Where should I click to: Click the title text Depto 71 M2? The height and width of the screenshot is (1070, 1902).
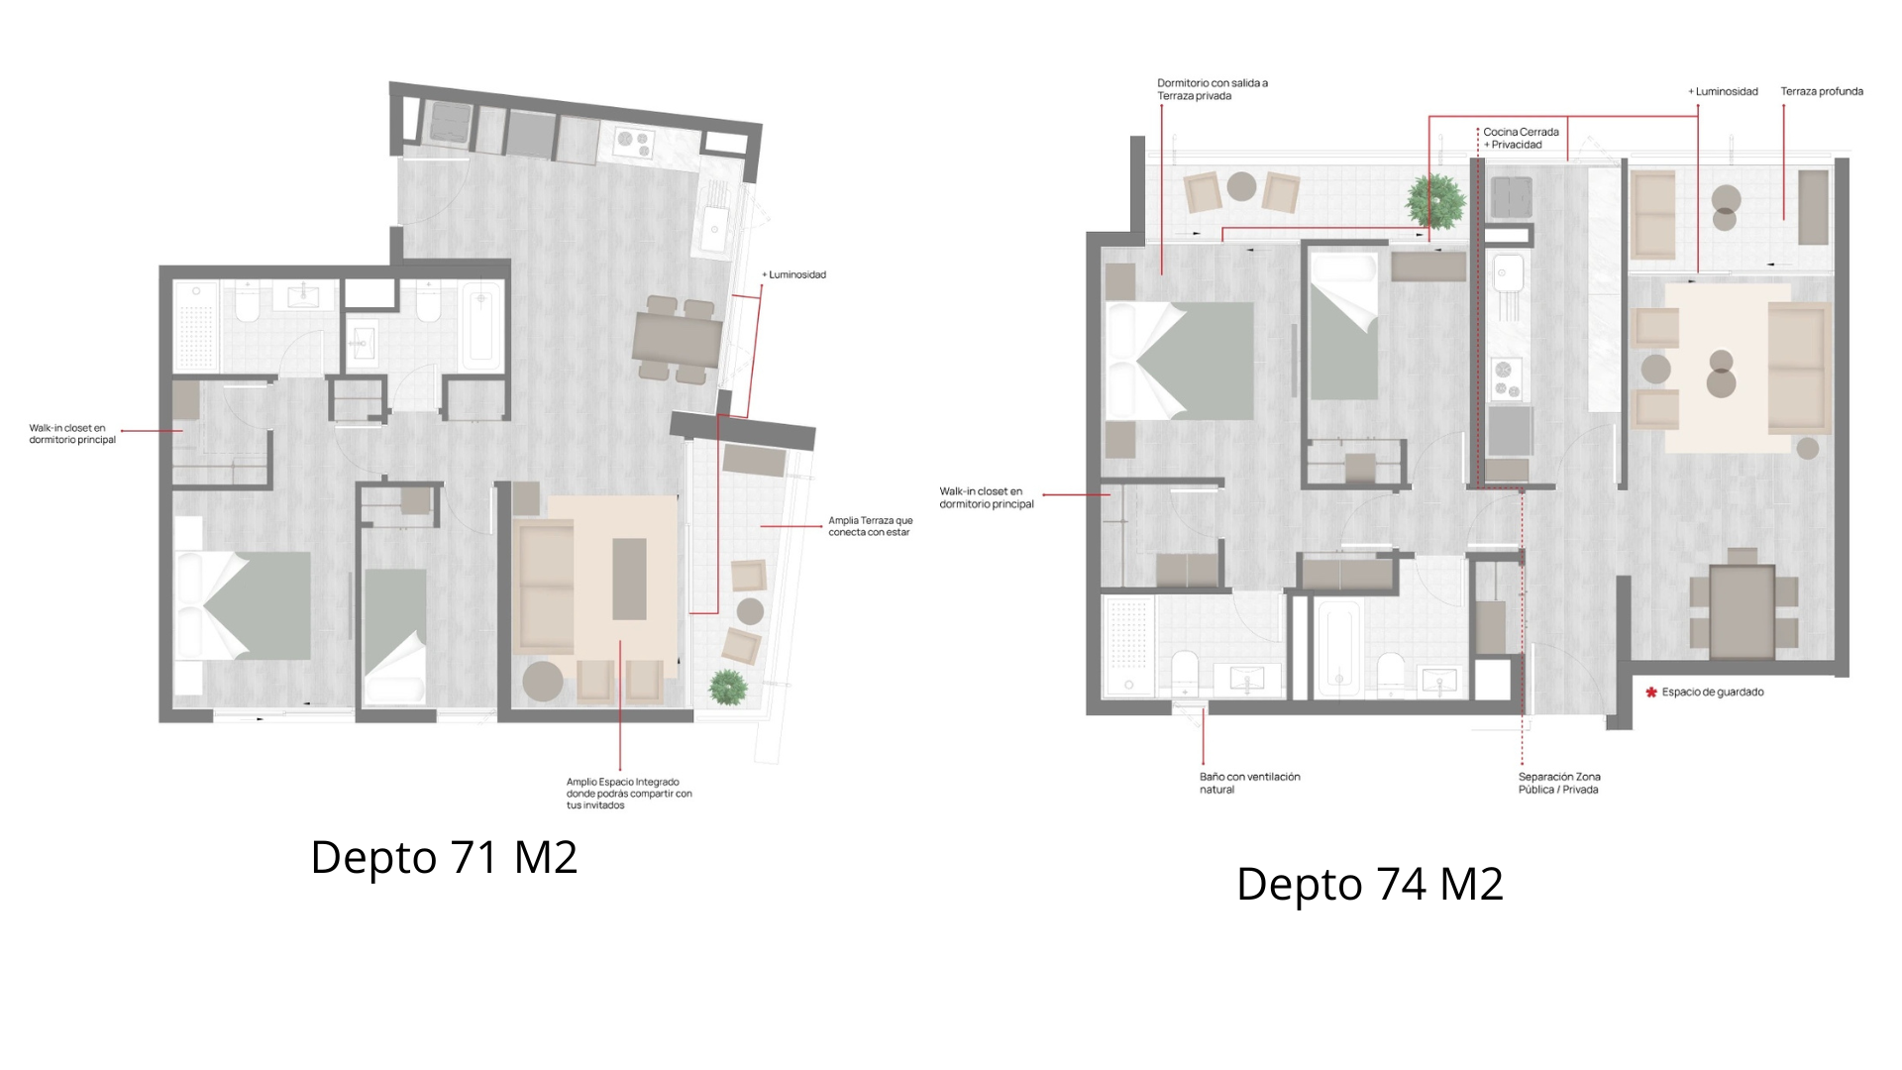444,857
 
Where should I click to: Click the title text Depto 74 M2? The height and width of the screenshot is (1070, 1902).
1370,884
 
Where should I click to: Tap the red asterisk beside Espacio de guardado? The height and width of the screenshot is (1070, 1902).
1651,693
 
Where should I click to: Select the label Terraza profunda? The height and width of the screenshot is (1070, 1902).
1822,91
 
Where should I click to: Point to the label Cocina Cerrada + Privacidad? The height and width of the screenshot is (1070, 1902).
1521,138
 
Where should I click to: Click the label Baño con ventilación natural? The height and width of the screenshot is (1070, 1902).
1249,783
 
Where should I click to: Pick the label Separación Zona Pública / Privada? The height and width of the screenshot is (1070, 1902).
1559,783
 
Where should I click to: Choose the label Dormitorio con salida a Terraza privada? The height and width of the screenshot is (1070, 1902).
1213,89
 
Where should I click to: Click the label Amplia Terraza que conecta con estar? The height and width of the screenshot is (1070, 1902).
871,526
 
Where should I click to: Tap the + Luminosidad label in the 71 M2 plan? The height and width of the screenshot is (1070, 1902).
793,274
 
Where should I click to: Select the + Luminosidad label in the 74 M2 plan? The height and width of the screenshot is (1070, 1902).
1723,91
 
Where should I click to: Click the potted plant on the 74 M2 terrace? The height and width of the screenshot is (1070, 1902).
1435,200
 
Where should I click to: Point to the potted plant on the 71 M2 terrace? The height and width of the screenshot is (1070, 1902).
728,687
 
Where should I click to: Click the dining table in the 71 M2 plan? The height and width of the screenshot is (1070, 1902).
678,341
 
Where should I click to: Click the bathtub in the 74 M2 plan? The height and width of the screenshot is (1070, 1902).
1338,649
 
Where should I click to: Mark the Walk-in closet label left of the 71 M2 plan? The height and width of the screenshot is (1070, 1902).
72,434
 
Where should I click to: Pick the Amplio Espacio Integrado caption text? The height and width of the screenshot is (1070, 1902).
629,794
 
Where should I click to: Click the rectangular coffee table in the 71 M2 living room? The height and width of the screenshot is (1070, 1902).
629,579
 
